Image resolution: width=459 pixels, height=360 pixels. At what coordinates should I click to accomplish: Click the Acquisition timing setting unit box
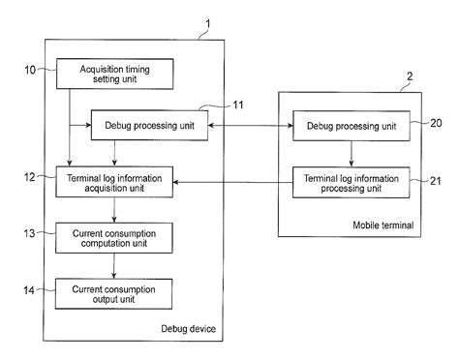point(115,72)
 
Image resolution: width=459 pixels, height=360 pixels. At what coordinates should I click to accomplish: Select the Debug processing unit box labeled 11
point(151,126)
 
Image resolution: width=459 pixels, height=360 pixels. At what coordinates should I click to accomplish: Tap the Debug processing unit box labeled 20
point(350,126)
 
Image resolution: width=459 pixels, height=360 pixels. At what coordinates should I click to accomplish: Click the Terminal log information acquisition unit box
point(115,181)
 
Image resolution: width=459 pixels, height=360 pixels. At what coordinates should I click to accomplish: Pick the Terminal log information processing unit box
point(350,181)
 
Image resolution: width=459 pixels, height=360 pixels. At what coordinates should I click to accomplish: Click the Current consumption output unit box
point(115,291)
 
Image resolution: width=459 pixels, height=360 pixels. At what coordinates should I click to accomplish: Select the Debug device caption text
point(190,330)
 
